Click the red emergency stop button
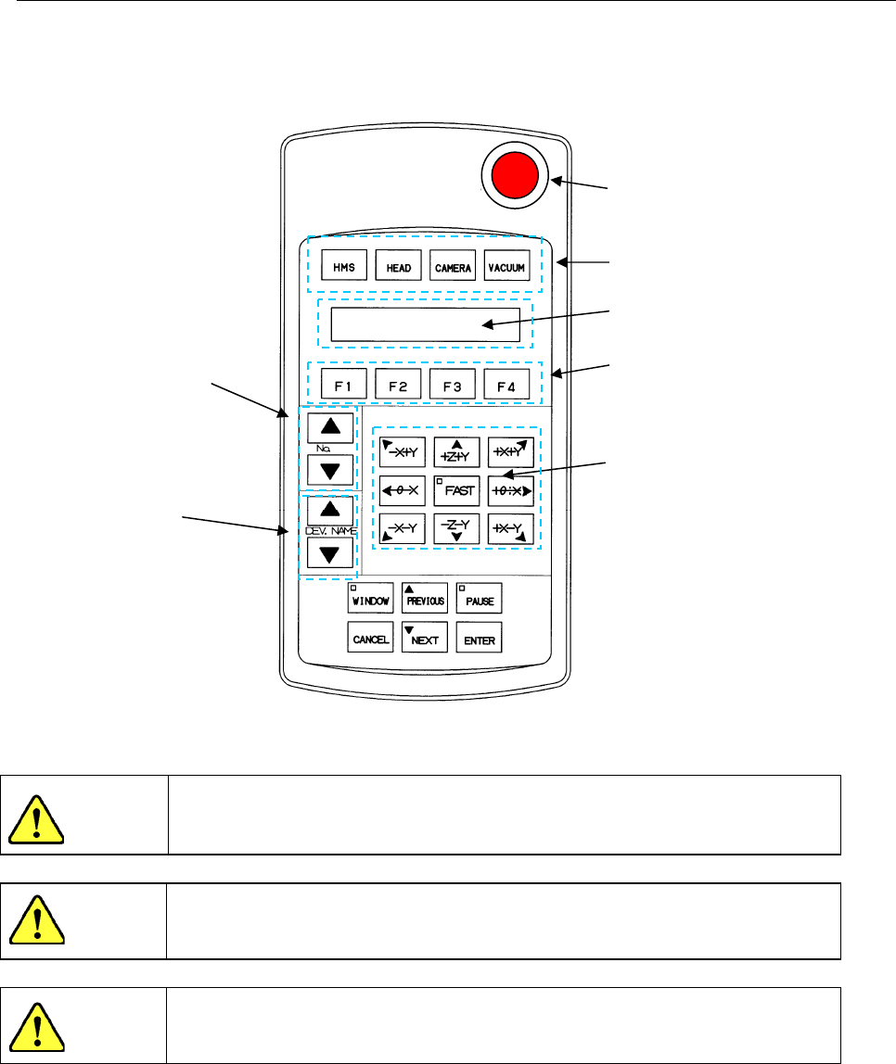[514, 177]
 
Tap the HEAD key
[398, 269]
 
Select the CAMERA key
[453, 269]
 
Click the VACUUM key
[506, 269]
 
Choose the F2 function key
[398, 384]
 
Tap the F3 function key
[453, 384]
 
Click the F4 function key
[506, 384]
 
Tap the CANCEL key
[370, 639]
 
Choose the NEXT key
[425, 639]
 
